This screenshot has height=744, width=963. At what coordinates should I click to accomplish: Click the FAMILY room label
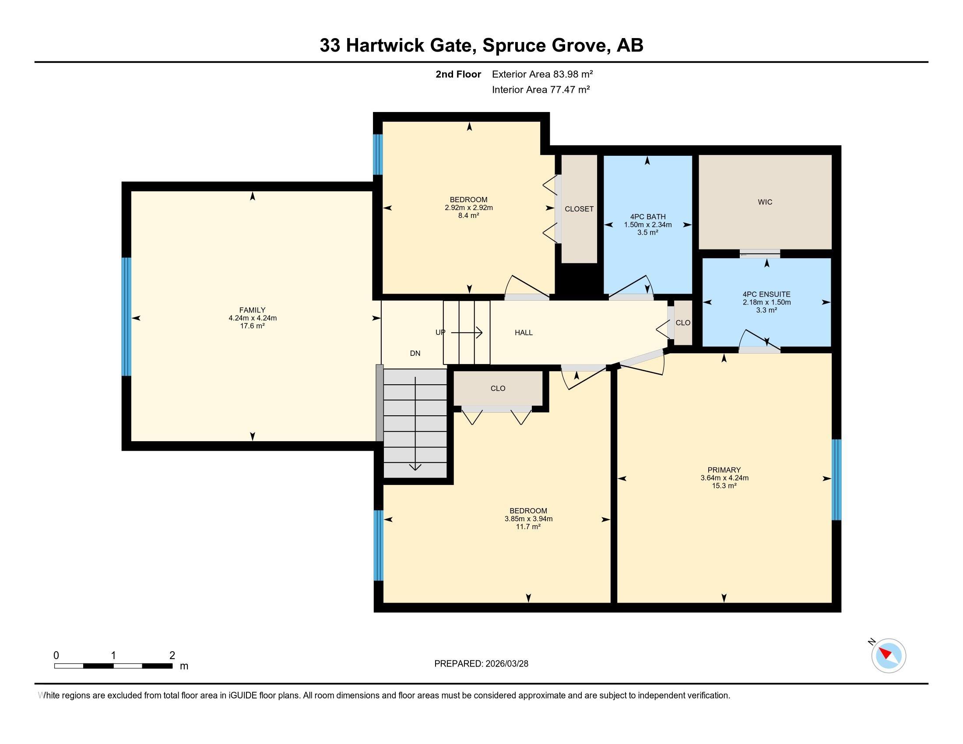coord(252,310)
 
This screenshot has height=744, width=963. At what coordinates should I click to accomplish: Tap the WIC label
coord(765,202)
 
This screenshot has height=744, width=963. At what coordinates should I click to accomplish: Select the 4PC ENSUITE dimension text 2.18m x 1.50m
coord(766,302)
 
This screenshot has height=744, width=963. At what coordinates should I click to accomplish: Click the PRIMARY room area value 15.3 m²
coord(724,486)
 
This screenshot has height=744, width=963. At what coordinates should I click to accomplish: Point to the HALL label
coord(524,333)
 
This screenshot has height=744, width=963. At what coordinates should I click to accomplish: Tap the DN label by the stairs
coord(415,353)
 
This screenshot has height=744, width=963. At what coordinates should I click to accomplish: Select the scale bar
coord(113,666)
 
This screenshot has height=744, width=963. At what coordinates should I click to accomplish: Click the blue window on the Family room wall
coord(127,316)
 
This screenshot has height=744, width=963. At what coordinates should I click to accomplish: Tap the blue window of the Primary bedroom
coord(836,480)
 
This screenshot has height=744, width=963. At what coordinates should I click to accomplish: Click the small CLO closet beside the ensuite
coord(682,323)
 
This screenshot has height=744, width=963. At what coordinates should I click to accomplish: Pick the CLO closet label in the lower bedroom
coord(498,388)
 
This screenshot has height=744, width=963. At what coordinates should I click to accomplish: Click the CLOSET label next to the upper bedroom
coord(579,209)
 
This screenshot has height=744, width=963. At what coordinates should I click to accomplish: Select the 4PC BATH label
coord(647,217)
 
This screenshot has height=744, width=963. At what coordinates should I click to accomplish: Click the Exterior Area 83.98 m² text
coord(542,74)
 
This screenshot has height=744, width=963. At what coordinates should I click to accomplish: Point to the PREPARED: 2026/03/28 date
coord(481,664)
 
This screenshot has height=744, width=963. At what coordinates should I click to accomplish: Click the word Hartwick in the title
coord(385,46)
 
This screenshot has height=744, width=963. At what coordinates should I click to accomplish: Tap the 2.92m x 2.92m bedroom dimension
coord(468,207)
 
